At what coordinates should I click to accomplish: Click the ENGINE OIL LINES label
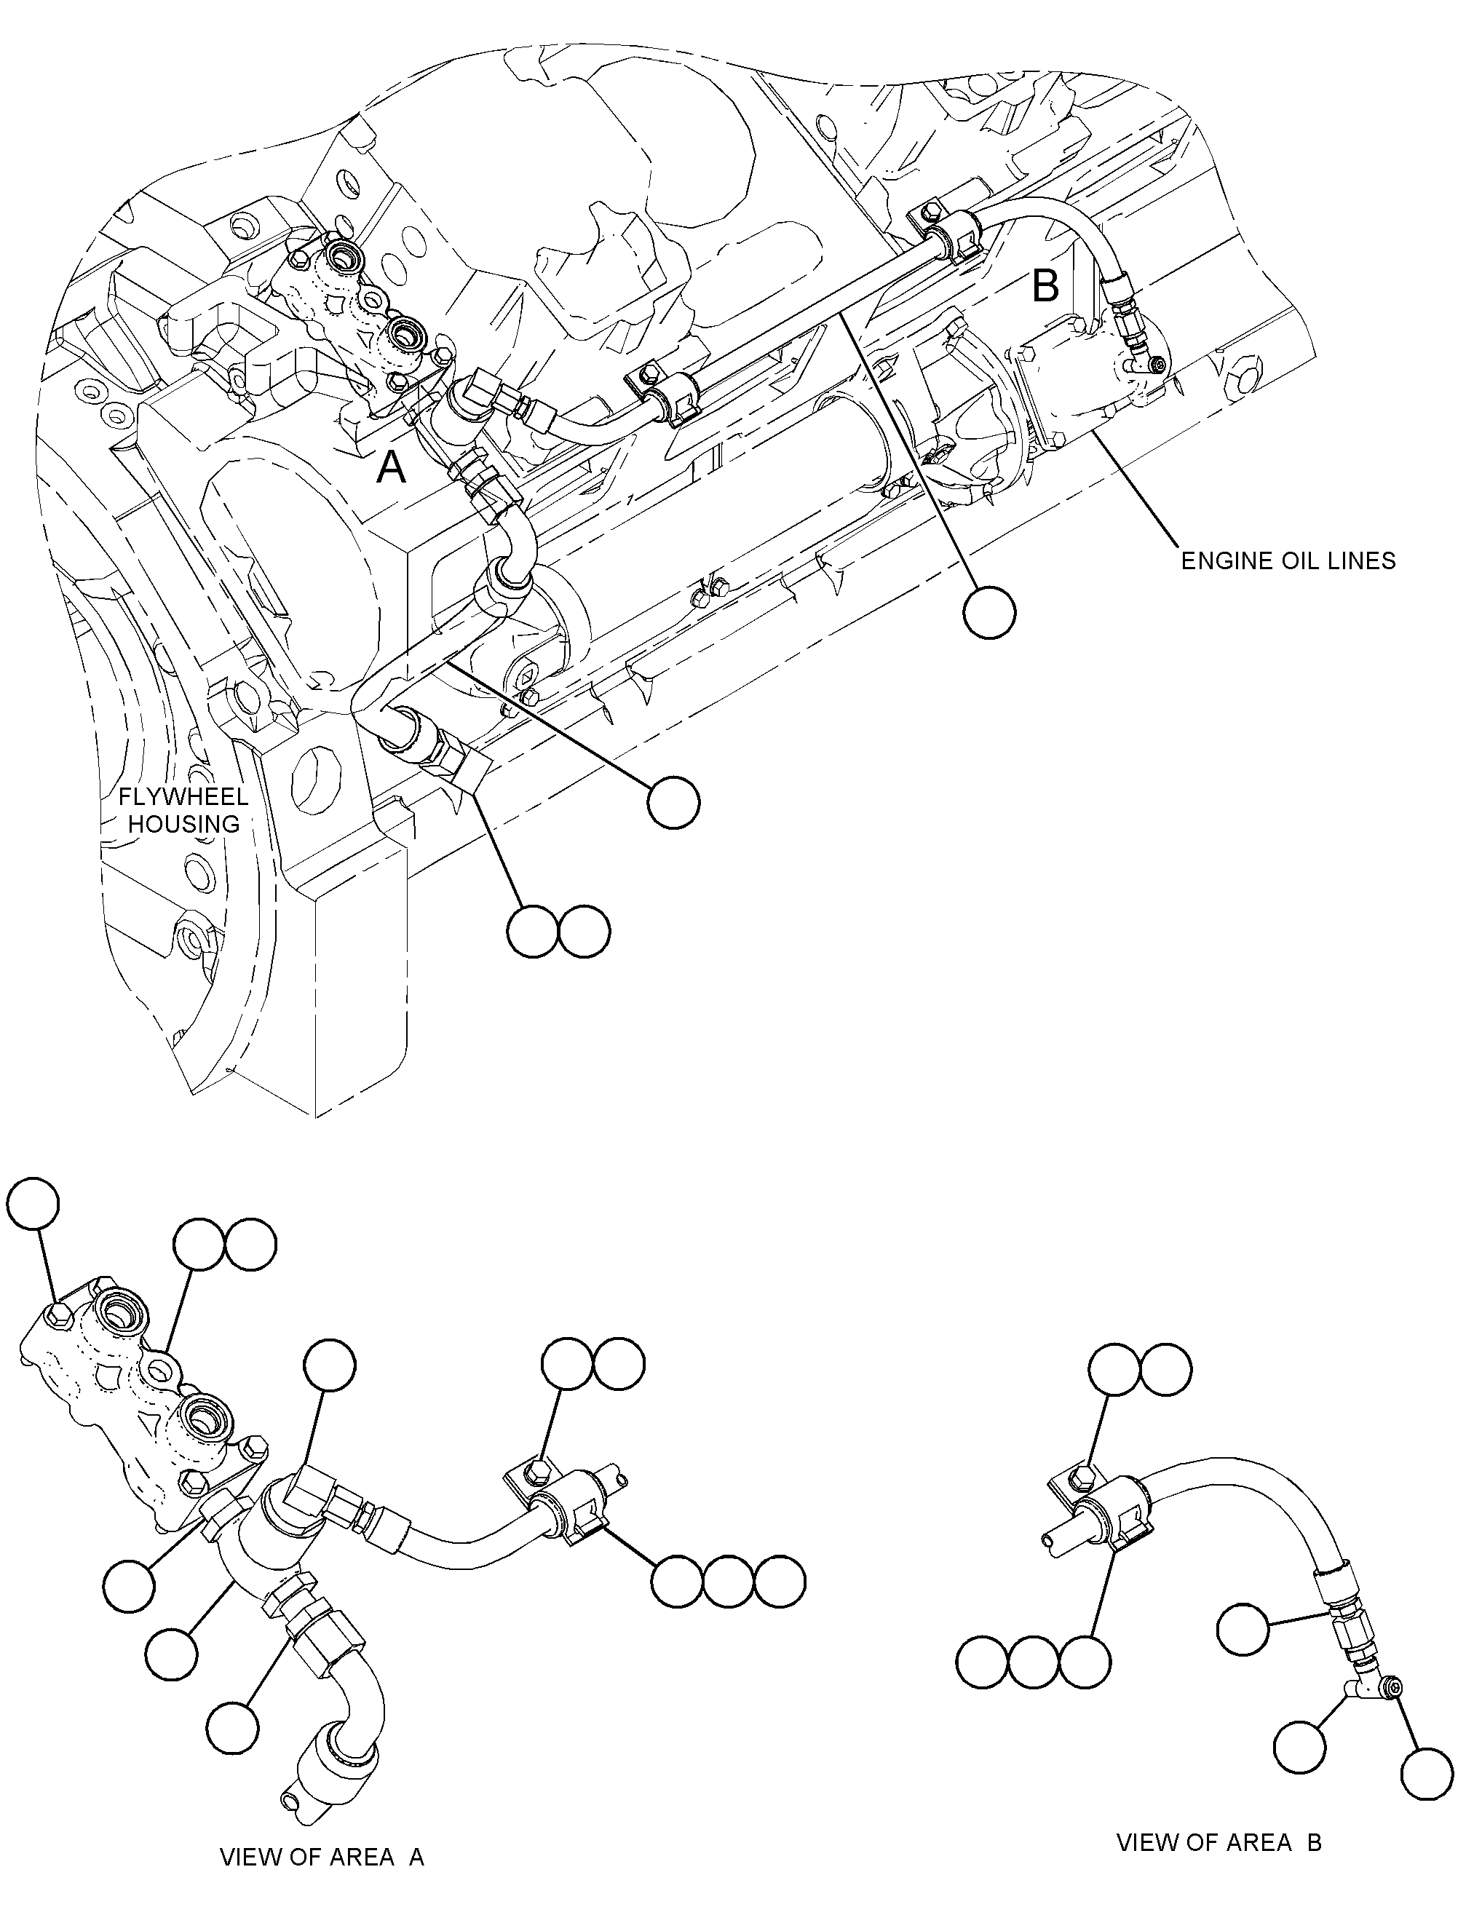(1287, 560)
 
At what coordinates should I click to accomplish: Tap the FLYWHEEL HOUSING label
(183, 811)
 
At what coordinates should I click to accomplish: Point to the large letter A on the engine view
(392, 469)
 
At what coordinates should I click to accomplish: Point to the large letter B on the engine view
(1046, 285)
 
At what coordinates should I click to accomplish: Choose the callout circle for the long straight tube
(988, 612)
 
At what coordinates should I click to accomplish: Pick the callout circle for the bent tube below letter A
(673, 801)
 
